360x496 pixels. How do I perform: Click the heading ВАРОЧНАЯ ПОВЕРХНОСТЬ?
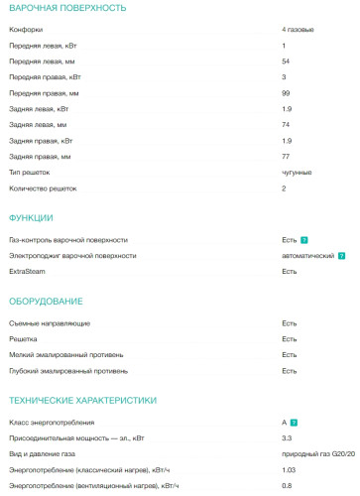click(67, 8)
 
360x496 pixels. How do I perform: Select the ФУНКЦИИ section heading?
click(31, 218)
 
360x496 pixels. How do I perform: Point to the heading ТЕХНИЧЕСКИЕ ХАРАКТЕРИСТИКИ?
click(82, 400)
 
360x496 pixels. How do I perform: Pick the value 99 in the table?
click(286, 92)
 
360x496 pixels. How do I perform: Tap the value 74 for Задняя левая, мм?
click(286, 125)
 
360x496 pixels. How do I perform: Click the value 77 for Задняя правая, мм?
click(286, 157)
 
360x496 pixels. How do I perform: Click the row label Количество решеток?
click(43, 187)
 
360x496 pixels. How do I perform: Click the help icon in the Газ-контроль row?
click(304, 240)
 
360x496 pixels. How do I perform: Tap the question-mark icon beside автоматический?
click(343, 255)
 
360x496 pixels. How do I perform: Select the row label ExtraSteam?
click(28, 271)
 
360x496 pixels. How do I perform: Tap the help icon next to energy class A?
click(296, 423)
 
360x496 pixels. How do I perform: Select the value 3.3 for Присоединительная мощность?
click(287, 437)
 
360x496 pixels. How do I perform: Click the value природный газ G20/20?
click(317, 453)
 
